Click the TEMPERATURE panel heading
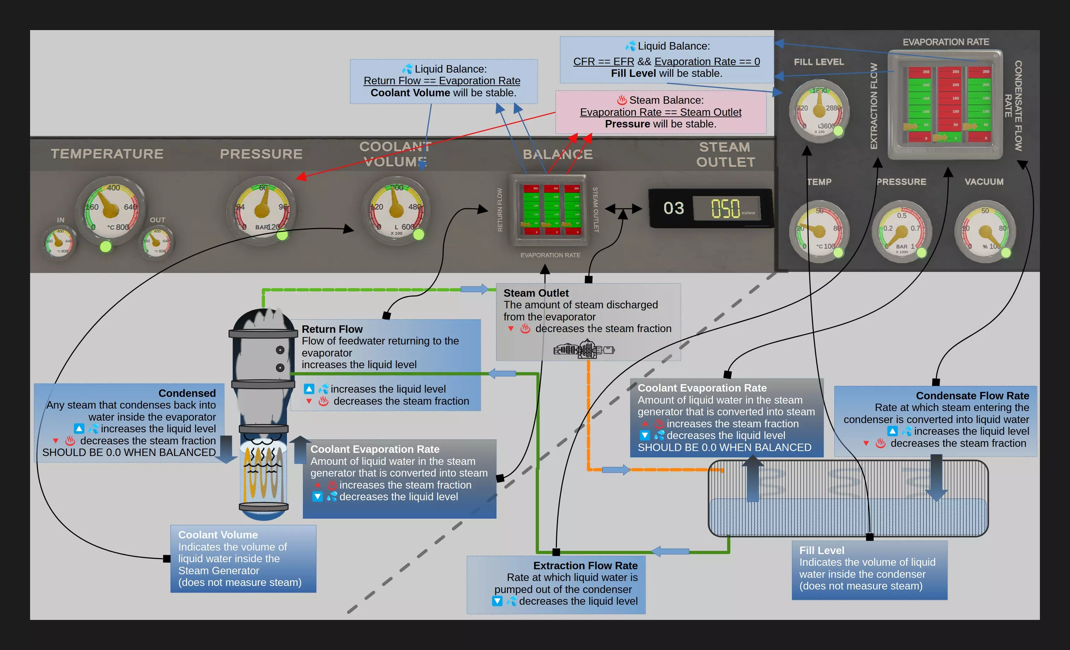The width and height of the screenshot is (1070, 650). [x=107, y=154]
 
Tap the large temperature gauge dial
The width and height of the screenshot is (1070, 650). [x=111, y=210]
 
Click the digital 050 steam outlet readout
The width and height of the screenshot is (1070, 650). [x=726, y=209]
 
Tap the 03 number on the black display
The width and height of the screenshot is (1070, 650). [x=674, y=209]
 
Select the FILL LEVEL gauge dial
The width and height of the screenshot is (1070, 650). [x=819, y=111]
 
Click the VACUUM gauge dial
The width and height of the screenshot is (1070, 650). [x=985, y=231]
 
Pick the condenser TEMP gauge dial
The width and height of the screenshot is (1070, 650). [x=819, y=231]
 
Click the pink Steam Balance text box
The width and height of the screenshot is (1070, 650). [x=661, y=112]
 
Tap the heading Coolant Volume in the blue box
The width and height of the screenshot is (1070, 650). [x=218, y=535]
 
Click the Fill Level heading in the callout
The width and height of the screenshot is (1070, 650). [x=822, y=551]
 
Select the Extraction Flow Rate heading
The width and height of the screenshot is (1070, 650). [x=585, y=566]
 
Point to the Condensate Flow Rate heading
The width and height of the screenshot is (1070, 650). [x=972, y=396]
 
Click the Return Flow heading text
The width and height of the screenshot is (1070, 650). [x=332, y=329]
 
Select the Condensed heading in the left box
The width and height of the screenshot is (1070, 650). [x=187, y=393]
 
